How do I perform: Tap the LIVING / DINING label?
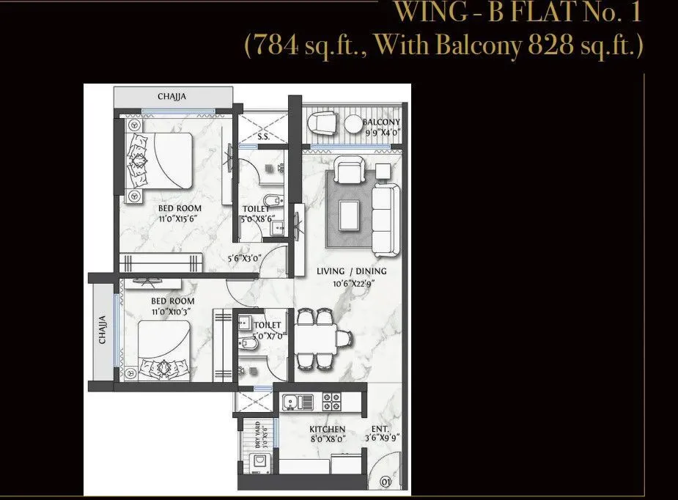click(x=351, y=271)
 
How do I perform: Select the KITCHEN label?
click(x=327, y=430)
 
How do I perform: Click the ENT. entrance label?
click(x=380, y=430)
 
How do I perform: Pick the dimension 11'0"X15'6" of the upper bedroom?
click(x=180, y=218)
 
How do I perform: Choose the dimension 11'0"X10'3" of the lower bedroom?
click(x=173, y=312)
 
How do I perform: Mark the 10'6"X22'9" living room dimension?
click(x=351, y=282)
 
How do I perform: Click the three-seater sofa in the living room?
click(x=384, y=216)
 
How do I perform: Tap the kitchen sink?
click(x=298, y=402)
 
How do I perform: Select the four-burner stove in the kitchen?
click(x=332, y=402)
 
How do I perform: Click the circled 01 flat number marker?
click(x=385, y=482)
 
